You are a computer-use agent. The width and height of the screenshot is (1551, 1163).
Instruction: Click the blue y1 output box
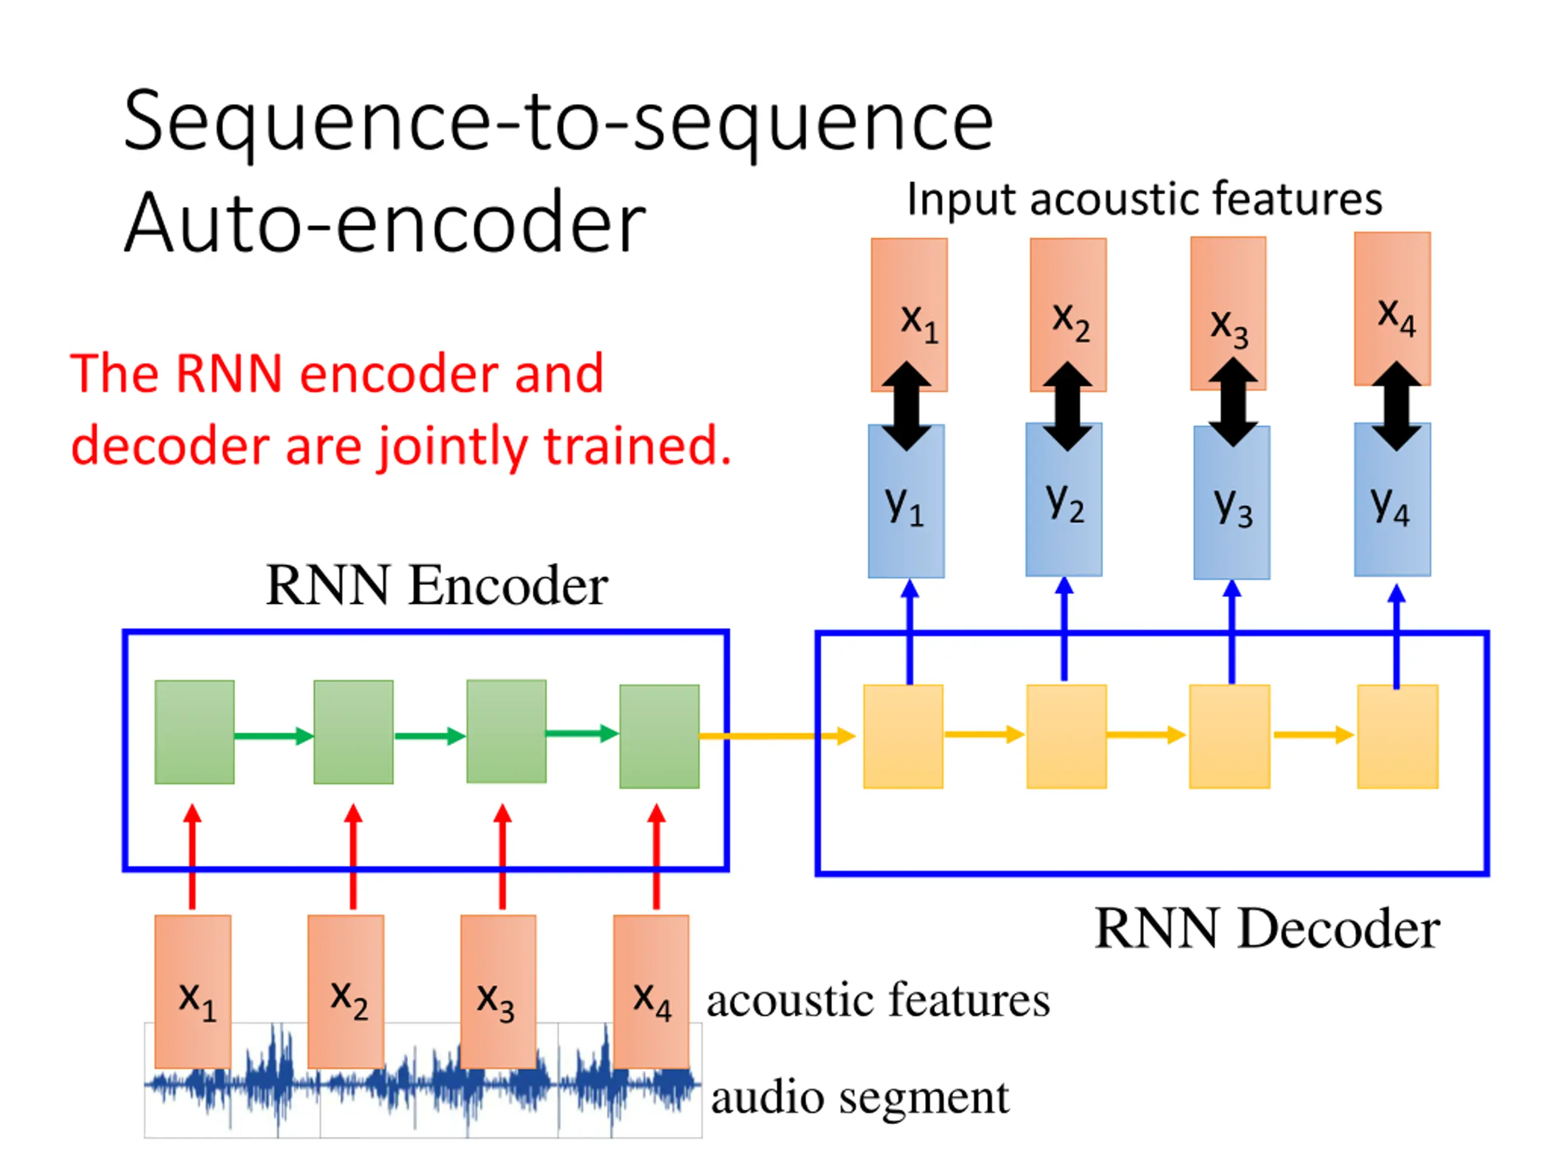point(906,501)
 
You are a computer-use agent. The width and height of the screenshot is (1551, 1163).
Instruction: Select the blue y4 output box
point(1392,499)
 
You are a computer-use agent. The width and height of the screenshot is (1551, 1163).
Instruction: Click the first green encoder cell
point(194,732)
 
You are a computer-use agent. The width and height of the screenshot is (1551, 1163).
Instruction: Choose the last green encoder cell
point(659,736)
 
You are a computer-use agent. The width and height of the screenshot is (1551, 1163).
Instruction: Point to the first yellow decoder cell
point(903,737)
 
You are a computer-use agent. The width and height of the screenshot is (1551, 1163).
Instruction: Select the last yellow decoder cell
point(1398,737)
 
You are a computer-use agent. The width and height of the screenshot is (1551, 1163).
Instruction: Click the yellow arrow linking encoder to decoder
point(777,736)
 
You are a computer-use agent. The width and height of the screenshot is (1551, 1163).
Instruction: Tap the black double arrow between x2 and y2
point(1067,406)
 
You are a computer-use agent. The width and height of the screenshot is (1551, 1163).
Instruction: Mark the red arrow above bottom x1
point(193,857)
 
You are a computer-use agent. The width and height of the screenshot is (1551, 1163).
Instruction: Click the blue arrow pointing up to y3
point(1232,631)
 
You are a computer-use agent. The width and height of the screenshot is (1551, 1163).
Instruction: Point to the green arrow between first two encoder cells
point(274,736)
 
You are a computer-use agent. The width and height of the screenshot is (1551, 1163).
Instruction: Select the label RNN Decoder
point(1267,929)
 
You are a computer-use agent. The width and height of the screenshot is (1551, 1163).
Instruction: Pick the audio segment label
point(860,1098)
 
